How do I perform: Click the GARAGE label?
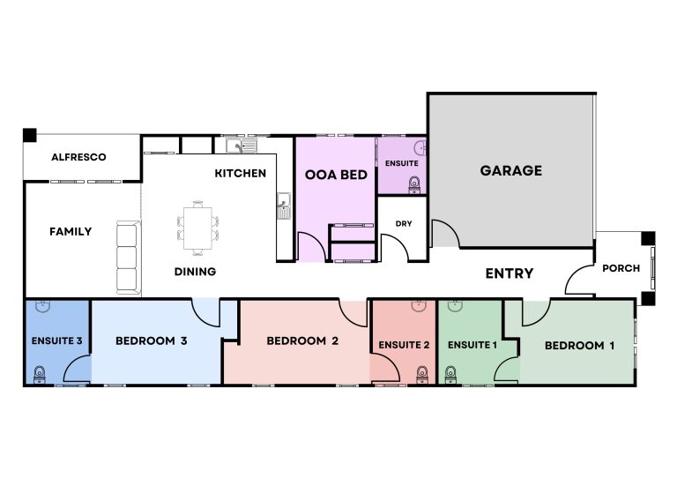point(510,170)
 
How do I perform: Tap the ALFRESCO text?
point(78,157)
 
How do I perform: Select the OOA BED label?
point(336,175)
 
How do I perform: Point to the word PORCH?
point(621,268)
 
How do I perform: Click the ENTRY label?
point(510,273)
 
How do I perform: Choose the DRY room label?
point(403,223)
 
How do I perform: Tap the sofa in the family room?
point(128,258)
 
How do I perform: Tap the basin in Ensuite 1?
point(455,307)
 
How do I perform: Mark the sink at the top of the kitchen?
point(240,145)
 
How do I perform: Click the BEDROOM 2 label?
point(302,341)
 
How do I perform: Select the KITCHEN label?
point(240,173)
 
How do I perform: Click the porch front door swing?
point(579,281)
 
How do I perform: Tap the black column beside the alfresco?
point(30,135)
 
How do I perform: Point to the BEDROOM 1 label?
point(579,346)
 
